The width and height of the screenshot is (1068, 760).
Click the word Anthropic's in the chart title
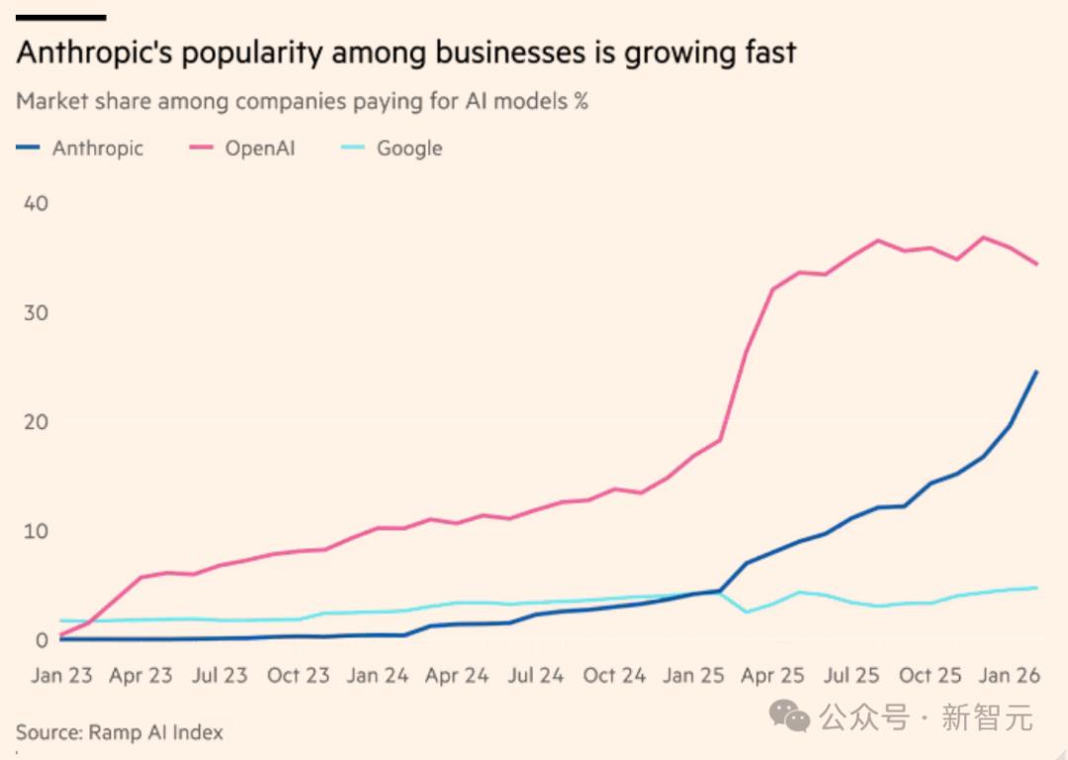(91, 52)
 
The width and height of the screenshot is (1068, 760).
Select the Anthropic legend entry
(97, 148)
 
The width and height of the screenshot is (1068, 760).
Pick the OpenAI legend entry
(259, 148)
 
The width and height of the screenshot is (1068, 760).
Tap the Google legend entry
(408, 148)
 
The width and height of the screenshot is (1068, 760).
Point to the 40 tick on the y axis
(35, 204)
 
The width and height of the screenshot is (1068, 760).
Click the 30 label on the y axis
(35, 312)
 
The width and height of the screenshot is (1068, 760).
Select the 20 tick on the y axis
(35, 422)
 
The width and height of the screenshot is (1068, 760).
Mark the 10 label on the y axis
(35, 532)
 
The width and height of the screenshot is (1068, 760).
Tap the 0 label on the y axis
(41, 640)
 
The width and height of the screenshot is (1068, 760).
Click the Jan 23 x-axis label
(61, 676)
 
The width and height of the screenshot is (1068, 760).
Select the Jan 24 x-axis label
(378, 676)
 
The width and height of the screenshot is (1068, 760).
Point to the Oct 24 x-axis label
(614, 676)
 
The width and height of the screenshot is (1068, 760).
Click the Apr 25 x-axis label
(772, 676)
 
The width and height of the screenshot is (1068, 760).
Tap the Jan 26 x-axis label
(1010, 676)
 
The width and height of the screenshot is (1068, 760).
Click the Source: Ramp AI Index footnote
(120, 732)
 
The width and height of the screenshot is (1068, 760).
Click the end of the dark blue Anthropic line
(1035, 372)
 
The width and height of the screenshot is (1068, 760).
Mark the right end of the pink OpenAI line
(1035, 264)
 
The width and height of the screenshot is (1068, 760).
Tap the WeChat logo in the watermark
(798, 717)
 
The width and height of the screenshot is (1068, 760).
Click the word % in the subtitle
(580, 101)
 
